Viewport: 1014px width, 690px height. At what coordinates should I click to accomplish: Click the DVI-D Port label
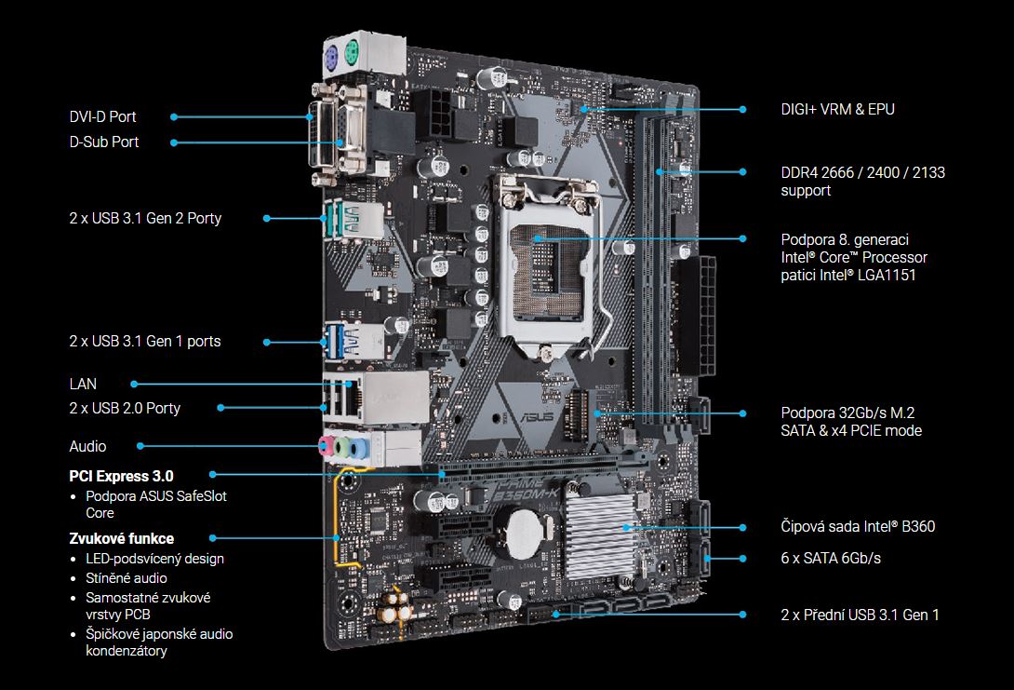pyautogui.click(x=103, y=116)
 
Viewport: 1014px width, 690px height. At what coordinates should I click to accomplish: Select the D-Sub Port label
pyautogui.click(x=104, y=142)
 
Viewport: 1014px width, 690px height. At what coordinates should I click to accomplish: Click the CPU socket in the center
pyautogui.click(x=548, y=266)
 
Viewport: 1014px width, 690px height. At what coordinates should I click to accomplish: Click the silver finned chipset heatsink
pyautogui.click(x=598, y=534)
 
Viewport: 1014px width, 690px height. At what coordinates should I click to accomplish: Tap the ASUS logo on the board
pyautogui.click(x=537, y=416)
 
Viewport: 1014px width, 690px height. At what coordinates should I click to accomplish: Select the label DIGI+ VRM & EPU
pyautogui.click(x=837, y=109)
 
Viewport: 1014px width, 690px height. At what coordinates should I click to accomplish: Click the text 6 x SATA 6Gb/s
pyautogui.click(x=831, y=558)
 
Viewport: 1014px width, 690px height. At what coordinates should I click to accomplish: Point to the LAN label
pyautogui.click(x=83, y=384)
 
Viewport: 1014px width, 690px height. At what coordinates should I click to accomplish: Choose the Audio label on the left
pyautogui.click(x=87, y=446)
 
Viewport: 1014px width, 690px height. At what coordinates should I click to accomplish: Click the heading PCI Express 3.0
pyautogui.click(x=121, y=477)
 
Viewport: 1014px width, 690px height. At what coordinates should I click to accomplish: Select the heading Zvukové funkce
pyautogui.click(x=122, y=538)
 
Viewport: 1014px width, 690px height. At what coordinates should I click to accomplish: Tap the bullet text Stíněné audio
pyautogui.click(x=127, y=578)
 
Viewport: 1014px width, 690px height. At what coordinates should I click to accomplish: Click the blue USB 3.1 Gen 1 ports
pyautogui.click(x=335, y=341)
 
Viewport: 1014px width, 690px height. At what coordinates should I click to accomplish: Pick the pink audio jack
pyautogui.click(x=327, y=445)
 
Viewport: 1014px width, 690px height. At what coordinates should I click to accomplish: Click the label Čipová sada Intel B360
pyautogui.click(x=858, y=526)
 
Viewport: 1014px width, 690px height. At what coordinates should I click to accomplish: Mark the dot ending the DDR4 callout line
pyautogui.click(x=742, y=171)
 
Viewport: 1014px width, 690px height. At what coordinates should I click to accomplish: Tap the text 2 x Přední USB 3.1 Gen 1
pyautogui.click(x=860, y=615)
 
